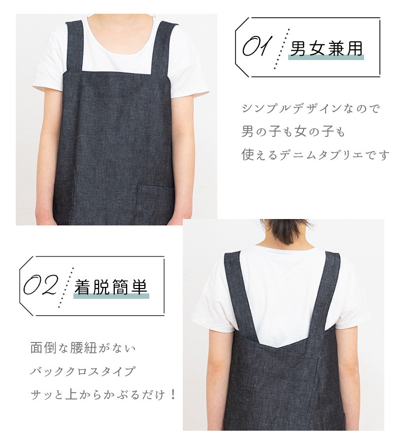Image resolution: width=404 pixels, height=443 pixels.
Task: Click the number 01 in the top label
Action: click(x=255, y=46)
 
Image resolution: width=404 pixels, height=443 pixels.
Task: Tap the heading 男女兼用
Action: click(x=326, y=49)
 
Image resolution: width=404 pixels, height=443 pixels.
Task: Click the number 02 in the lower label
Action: click(x=41, y=285)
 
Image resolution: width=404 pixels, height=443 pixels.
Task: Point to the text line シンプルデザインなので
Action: click(x=311, y=108)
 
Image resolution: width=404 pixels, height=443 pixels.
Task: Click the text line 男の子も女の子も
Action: click(x=293, y=131)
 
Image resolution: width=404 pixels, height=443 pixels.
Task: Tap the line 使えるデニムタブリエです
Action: click(x=315, y=155)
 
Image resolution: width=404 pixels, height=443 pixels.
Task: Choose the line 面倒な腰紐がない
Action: click(x=83, y=348)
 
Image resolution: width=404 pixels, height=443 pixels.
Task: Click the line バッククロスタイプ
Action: click(x=83, y=371)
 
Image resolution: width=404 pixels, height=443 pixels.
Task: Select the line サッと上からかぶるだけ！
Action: click(x=103, y=394)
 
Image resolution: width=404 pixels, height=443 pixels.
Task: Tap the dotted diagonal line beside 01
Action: click(x=282, y=49)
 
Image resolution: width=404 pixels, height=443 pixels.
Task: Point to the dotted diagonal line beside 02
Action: click(x=66, y=287)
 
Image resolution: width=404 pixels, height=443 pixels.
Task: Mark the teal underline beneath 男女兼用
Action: click(x=326, y=58)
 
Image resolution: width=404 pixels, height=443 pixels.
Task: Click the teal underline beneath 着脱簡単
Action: click(x=111, y=296)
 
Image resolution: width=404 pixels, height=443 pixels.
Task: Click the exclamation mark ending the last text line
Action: click(x=173, y=394)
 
